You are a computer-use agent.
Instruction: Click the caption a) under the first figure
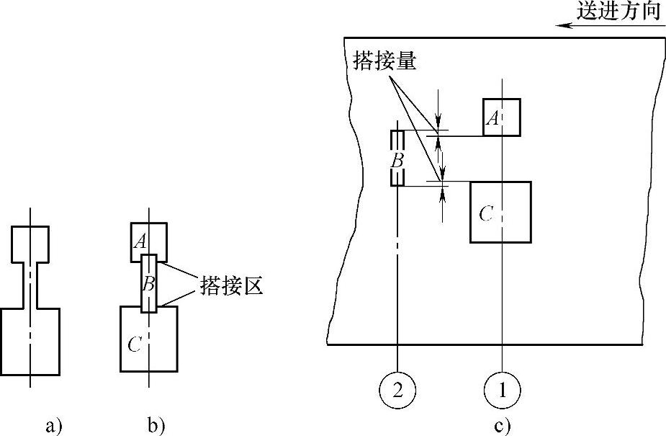tap(53, 426)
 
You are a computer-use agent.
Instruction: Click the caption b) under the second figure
tap(156, 426)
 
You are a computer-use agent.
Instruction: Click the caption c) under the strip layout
tap(503, 426)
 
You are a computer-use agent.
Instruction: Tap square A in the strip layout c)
tap(502, 117)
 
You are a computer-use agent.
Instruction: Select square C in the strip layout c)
tap(500, 212)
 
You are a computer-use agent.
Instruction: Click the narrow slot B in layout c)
tap(397, 158)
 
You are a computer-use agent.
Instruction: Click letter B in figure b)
tap(148, 283)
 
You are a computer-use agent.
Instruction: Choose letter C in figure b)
tap(134, 344)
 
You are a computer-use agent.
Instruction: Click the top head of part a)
tap(31, 244)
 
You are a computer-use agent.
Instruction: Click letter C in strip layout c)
tap(486, 213)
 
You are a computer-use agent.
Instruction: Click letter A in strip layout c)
tap(492, 118)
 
